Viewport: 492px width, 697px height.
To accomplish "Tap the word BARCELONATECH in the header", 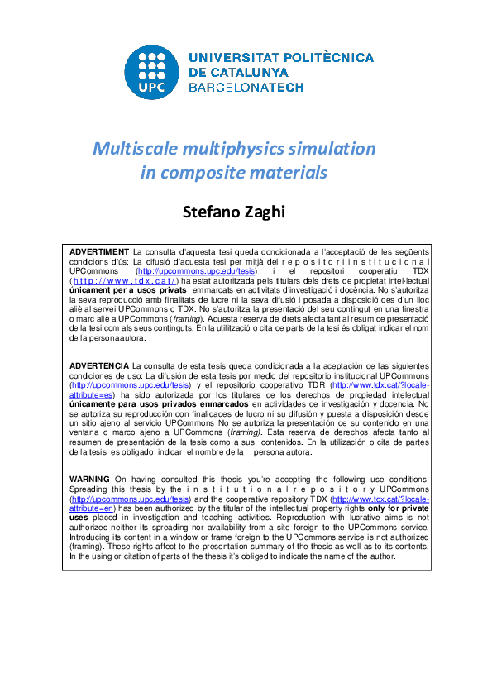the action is coord(246,87).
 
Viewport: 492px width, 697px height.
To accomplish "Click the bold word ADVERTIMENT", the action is coord(99,251).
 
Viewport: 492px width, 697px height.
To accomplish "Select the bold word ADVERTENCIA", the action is coord(99,365).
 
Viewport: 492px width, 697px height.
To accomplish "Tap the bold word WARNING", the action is coord(89,480).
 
